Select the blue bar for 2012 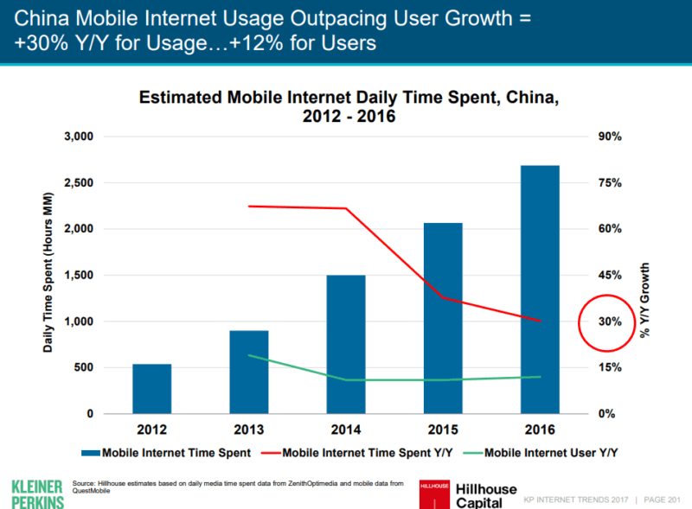coord(151,389)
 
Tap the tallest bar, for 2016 coord(540,289)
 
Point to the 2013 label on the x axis coord(249,429)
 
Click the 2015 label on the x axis coord(443,429)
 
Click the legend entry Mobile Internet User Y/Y coord(552,451)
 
